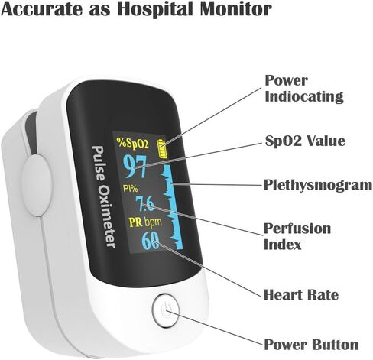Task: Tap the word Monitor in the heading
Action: coord(235,8)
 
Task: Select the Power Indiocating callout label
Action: coord(304,89)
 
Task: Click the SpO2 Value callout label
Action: coord(305,141)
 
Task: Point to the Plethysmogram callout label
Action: coord(318,185)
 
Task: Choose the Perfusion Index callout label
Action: coord(297,236)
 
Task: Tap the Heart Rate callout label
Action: coord(301,295)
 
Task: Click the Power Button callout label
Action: coord(311,345)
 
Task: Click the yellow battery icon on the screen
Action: coord(162,148)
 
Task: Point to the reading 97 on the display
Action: coord(135,166)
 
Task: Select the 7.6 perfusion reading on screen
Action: coord(144,204)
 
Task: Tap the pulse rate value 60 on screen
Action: coord(151,240)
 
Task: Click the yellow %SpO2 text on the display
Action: coord(132,143)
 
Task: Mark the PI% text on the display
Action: coord(130,189)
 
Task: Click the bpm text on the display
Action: coord(153,222)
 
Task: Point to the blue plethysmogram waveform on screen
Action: coord(174,206)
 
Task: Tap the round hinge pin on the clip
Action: coord(37,185)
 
